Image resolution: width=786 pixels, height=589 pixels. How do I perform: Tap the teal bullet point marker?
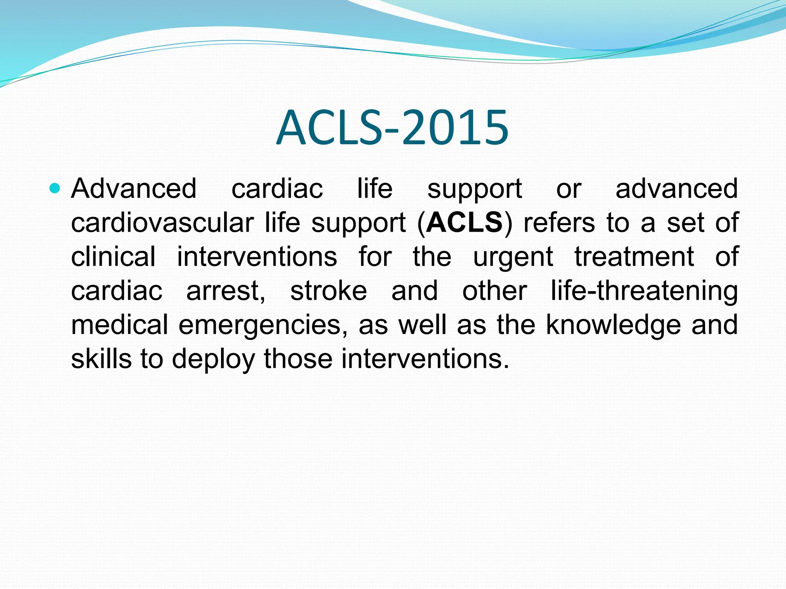pos(55,188)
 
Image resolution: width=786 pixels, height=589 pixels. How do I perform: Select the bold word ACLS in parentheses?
pos(464,222)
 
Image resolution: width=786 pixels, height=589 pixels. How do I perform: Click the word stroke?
pos(329,291)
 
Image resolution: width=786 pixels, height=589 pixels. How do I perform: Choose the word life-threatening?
pos(644,291)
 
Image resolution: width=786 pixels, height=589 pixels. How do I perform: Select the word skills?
pos(101,359)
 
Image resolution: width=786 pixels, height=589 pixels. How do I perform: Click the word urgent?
pos(513,257)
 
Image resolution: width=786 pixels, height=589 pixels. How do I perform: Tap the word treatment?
pos(634,257)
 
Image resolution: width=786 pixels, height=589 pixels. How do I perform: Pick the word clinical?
pos(113,257)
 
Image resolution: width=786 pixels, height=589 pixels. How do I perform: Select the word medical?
pos(119,325)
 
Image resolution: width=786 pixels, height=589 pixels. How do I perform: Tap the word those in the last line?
pos(298,359)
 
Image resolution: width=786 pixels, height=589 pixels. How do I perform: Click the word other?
pos(494,291)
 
